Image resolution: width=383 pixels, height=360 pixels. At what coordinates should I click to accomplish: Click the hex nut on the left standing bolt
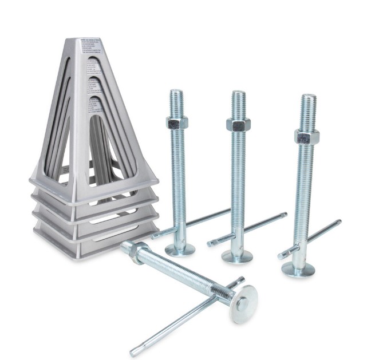(x=176, y=122)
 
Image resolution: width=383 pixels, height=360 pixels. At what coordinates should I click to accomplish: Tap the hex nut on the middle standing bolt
(x=238, y=124)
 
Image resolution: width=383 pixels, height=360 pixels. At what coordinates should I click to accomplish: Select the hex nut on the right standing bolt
(x=307, y=137)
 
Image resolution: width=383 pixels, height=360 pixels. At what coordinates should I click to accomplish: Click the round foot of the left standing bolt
(x=180, y=250)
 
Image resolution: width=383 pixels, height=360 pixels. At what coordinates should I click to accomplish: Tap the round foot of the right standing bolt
(x=299, y=270)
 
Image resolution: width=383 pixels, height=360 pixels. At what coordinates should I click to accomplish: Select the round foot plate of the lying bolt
(x=243, y=303)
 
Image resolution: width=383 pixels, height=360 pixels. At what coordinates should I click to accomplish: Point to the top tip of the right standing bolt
(x=309, y=97)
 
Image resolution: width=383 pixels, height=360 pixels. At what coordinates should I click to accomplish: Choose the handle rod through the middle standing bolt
(x=252, y=227)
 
